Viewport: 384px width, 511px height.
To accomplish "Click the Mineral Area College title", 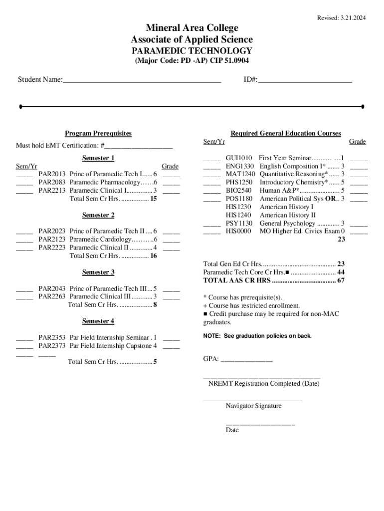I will coord(192,28).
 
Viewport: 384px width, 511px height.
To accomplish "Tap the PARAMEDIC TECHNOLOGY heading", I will coord(192,51).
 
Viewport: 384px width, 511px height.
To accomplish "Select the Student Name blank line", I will coord(142,80).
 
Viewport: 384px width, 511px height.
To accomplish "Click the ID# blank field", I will coord(305,80).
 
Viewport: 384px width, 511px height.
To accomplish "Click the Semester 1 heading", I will coord(98,158).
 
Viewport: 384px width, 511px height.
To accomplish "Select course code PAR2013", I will coord(52,174).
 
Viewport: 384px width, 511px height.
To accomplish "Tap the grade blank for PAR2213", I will coord(171,191).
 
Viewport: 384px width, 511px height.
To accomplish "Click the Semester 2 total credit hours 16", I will coord(154,256).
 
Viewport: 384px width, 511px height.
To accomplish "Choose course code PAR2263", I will coord(52,297).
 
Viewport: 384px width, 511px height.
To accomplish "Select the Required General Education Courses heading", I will coord(286,133).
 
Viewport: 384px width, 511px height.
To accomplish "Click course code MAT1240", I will coord(240,174).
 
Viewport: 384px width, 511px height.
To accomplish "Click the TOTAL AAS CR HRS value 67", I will coord(341,280).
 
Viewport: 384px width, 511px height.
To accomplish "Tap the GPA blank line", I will coord(246,359).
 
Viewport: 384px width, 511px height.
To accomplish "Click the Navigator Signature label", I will coord(253,406).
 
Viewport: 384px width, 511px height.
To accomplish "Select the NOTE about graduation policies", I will coord(257,336).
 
